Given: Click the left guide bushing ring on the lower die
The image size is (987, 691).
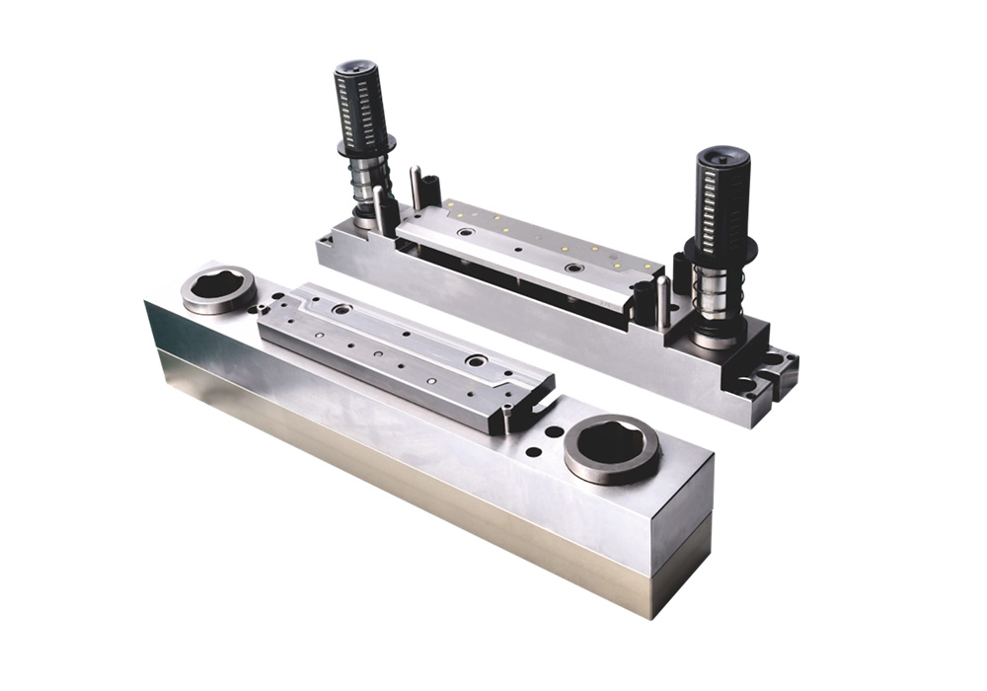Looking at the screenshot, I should [x=218, y=289].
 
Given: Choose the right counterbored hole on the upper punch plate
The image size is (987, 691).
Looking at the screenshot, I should [x=572, y=267].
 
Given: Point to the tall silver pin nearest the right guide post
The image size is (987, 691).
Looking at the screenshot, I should [x=663, y=298].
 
